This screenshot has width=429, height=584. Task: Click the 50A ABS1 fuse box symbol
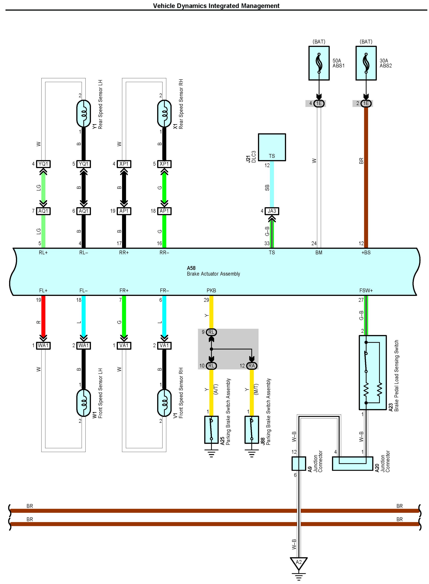tap(319, 63)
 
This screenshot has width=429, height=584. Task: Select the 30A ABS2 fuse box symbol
tap(366, 63)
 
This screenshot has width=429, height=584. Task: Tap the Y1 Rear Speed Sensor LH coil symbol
tap(84, 113)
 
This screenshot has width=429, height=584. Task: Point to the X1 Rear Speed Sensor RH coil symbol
tap(164, 113)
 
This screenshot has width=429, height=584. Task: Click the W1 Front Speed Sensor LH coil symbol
tap(84, 403)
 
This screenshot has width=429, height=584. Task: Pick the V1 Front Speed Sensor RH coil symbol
tap(164, 403)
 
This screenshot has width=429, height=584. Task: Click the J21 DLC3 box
tap(272, 147)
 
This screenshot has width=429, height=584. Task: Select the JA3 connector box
tap(272, 211)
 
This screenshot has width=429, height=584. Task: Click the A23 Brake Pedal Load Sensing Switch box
tap(373, 373)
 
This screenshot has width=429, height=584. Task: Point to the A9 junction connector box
tap(299, 464)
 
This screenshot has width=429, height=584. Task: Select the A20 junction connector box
tap(352, 464)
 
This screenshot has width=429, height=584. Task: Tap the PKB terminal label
tap(211, 290)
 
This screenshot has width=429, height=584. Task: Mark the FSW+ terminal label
tap(366, 290)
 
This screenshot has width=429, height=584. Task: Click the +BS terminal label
tap(366, 252)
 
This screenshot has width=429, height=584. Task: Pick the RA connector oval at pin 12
tap(252, 366)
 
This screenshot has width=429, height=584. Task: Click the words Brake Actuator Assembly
tap(213, 274)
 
